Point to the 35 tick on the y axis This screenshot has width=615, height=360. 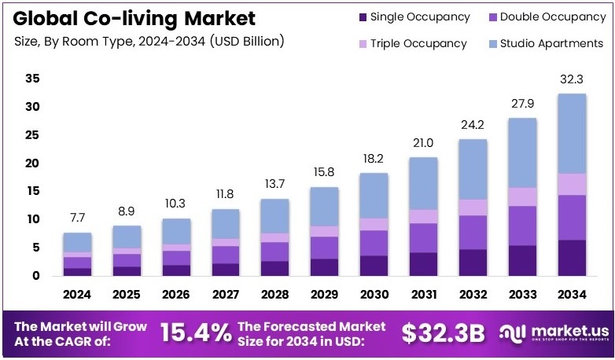[32, 79]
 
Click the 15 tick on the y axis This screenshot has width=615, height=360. [32, 191]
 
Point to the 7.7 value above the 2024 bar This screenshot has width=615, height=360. [77, 218]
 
